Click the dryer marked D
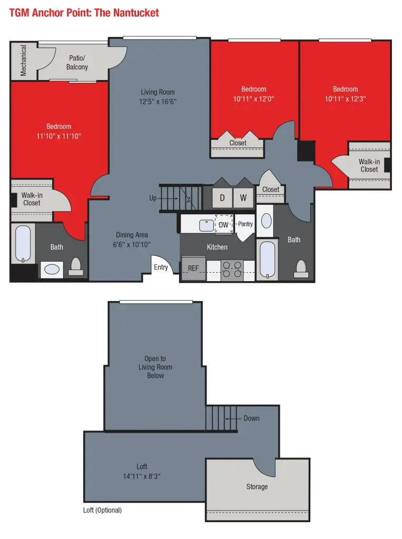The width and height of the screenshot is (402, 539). (222, 198)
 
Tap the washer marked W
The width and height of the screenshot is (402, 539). (243, 198)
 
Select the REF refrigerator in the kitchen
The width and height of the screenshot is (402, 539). (193, 268)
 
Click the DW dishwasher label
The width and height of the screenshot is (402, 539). (224, 225)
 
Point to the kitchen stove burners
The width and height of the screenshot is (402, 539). (232, 269)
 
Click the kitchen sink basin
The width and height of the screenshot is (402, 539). (207, 225)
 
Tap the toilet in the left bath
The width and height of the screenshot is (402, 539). (76, 267)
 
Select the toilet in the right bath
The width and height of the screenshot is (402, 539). (301, 268)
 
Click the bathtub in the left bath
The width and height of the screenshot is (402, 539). (23, 244)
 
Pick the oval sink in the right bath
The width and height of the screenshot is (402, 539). (267, 221)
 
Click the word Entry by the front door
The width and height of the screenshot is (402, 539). (161, 267)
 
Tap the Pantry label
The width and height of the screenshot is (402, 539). (246, 224)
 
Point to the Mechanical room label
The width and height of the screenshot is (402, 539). (23, 60)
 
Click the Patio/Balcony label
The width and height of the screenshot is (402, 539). (77, 63)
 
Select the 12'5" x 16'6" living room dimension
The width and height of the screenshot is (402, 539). (158, 102)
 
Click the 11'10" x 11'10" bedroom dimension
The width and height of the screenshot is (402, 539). (59, 136)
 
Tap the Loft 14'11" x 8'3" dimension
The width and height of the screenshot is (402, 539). (142, 476)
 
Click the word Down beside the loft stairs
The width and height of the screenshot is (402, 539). (252, 418)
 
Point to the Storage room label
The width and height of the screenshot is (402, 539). (257, 486)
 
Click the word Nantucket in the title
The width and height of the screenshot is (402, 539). (136, 13)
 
